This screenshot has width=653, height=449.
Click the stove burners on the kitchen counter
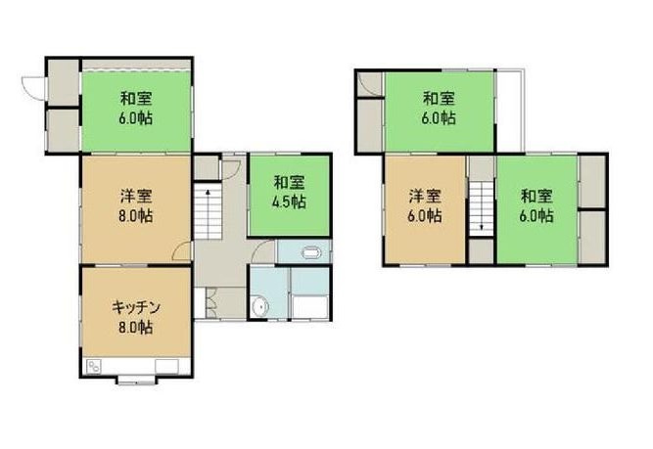click(x=95, y=367)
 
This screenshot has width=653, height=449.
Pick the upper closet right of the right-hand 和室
click(x=592, y=181)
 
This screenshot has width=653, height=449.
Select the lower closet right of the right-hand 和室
click(x=592, y=235)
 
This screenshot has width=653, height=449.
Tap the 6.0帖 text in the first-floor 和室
click(x=136, y=117)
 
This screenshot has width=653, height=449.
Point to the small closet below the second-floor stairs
click(x=481, y=251)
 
